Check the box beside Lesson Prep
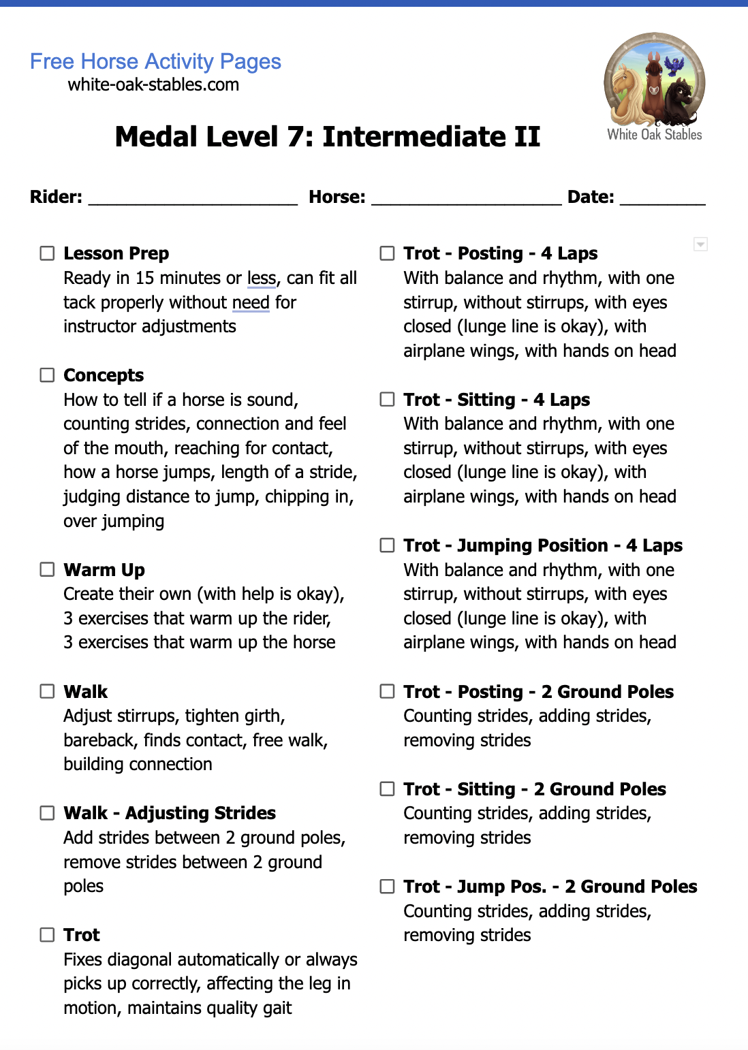coord(47,253)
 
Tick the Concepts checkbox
coord(47,375)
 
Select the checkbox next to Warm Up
coord(47,569)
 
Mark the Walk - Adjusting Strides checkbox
coord(47,813)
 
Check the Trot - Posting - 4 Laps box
coord(387,253)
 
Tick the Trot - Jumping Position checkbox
coord(387,545)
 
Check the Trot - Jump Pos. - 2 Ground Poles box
coord(387,887)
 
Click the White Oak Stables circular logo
coord(654,82)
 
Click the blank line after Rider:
coord(193,198)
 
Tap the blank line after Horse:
coord(466,198)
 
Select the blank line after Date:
coord(662,198)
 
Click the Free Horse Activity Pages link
coord(155,61)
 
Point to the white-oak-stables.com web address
coord(153,85)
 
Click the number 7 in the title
coord(295,137)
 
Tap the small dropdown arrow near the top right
coord(700,244)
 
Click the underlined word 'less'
coord(262,279)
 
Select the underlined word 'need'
coord(251,302)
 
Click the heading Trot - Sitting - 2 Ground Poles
coord(534,789)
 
